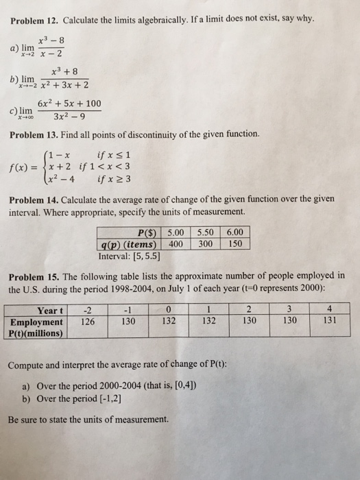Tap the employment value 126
88,321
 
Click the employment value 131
331,321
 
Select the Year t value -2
88,309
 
